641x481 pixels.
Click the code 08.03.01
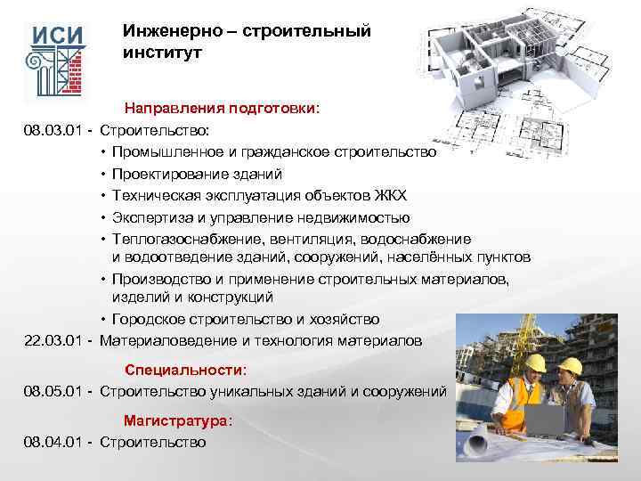point(54,131)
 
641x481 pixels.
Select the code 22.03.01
point(54,340)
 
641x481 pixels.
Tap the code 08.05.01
point(54,389)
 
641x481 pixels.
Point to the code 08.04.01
point(54,442)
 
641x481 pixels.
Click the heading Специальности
point(185,369)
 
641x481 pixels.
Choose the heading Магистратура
point(178,420)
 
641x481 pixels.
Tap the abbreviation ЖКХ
point(389,195)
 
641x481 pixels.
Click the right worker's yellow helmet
point(570,365)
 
